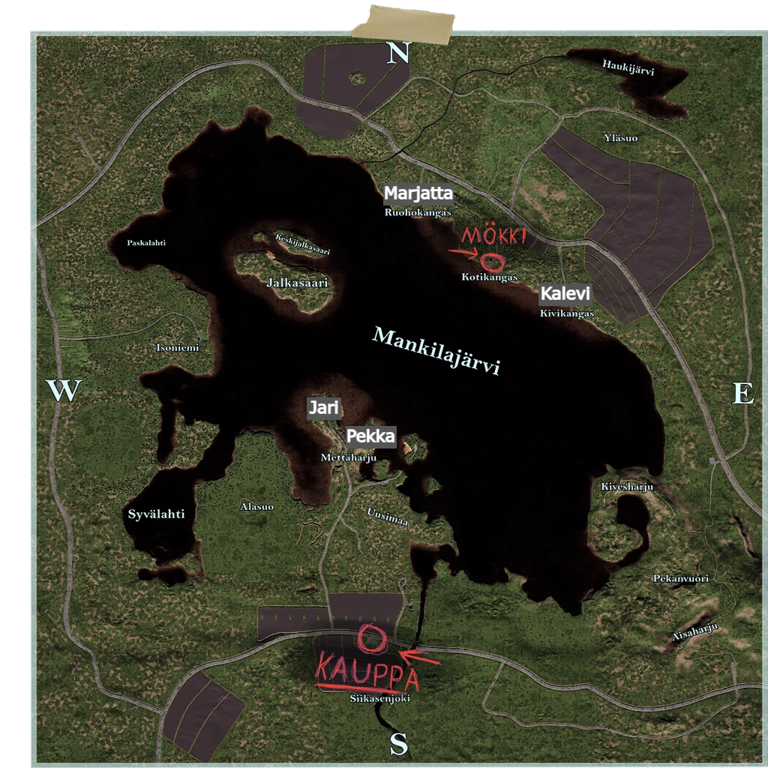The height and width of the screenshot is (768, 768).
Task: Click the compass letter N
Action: coord(399,52)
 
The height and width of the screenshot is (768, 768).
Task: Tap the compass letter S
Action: coord(399,744)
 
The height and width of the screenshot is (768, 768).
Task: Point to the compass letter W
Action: coord(64,391)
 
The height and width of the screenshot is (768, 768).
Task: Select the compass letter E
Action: coord(742,393)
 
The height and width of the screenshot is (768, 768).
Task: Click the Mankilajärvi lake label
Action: coord(436,352)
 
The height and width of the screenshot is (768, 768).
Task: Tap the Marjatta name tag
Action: coord(418,193)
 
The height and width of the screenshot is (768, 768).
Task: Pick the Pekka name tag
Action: coord(370,436)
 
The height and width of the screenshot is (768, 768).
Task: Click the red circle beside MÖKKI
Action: coord(492,262)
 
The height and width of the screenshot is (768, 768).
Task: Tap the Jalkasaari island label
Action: coord(286,283)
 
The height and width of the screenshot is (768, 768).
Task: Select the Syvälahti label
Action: coord(156,514)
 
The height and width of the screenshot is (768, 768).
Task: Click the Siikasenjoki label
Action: coord(379,698)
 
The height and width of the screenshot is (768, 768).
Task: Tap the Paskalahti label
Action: coord(146,243)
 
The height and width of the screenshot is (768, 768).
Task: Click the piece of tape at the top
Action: coord(406,23)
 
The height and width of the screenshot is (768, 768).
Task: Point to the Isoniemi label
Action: coord(178,348)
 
